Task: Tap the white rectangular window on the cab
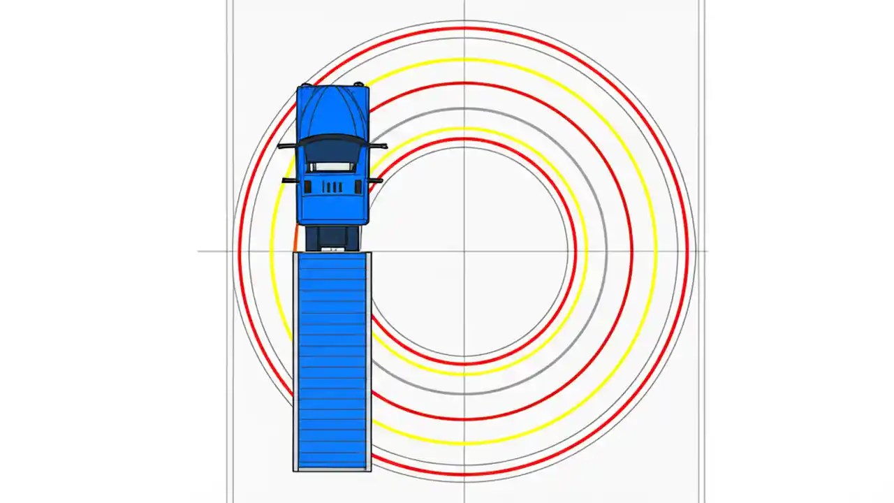(x=331, y=167)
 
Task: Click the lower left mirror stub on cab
(x=289, y=180)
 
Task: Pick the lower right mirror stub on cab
(x=375, y=180)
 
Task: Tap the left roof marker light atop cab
(x=305, y=85)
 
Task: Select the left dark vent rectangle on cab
(x=308, y=187)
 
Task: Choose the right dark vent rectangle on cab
(x=358, y=187)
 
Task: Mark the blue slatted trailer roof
(x=332, y=360)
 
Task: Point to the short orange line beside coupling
(x=295, y=238)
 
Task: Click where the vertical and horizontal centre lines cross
(x=464, y=251)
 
